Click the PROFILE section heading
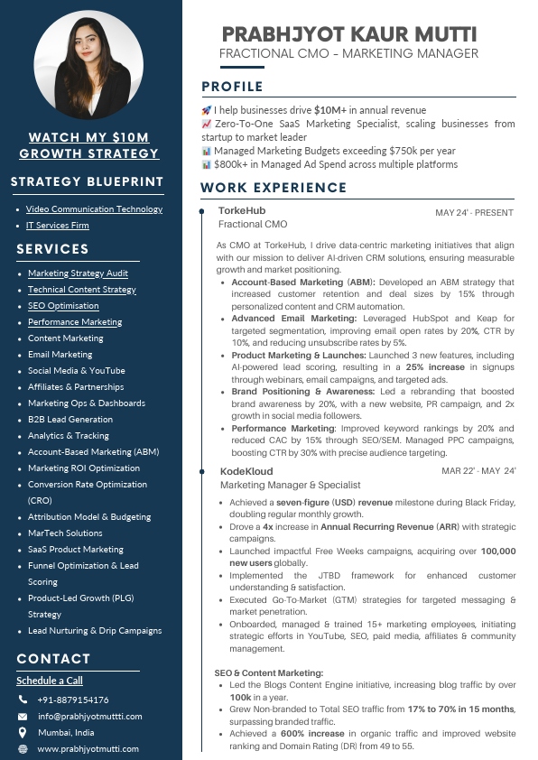232,87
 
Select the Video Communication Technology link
94,209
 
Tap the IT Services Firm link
57,225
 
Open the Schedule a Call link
50,681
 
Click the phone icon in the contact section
23,700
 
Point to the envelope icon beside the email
23,716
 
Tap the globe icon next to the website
23,749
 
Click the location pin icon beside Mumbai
23,732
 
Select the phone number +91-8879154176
73,700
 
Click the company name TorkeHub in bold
242,210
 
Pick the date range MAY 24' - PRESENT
474,213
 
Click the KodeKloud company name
246,471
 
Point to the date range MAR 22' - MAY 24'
478,471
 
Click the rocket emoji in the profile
206,110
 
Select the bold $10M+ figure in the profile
329,110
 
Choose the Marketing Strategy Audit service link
78,273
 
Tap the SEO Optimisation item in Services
63,305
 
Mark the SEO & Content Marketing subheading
268,672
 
